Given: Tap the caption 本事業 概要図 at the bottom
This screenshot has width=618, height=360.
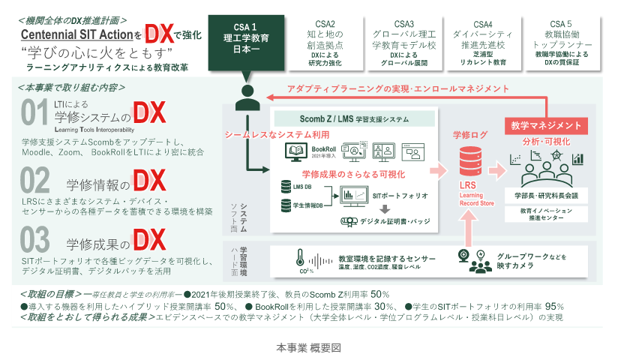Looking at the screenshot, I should coord(308,349).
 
